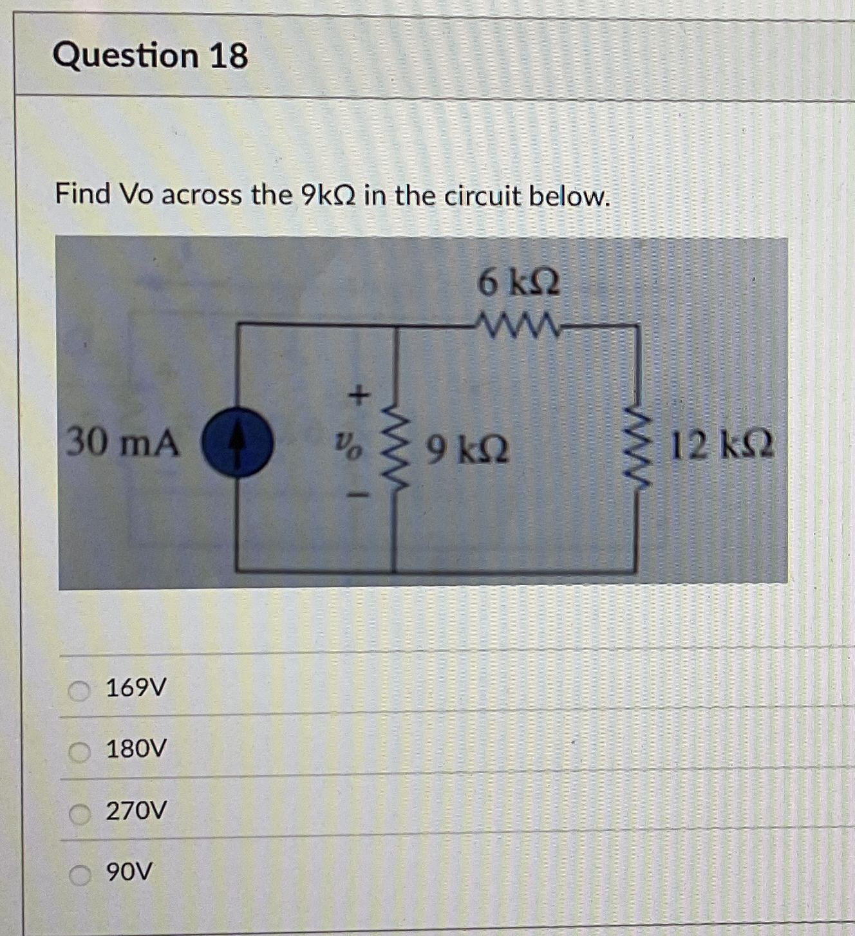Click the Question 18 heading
(x=150, y=55)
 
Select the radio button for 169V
(x=80, y=691)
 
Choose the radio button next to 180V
(x=80, y=751)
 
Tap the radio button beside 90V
(x=80, y=875)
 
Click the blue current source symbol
(x=238, y=444)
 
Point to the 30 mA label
(x=122, y=443)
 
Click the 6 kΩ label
(x=518, y=283)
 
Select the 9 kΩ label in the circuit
(x=468, y=449)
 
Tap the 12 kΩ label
(x=720, y=445)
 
